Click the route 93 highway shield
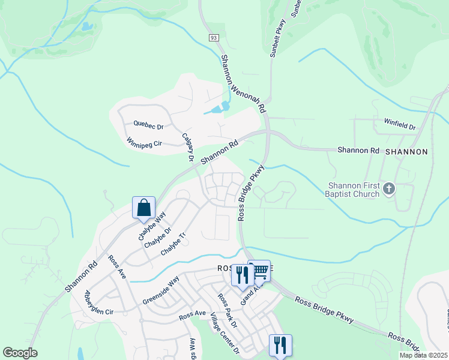(214, 38)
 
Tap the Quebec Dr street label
(148, 127)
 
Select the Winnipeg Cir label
(145, 143)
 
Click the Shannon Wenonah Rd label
(243, 84)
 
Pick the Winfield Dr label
(400, 127)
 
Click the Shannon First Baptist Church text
(354, 190)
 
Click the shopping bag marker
(144, 208)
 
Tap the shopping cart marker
(260, 271)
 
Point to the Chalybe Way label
(152, 226)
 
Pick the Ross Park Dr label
(228, 311)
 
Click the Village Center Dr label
(224, 337)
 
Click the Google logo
(20, 353)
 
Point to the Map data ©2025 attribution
(423, 355)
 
